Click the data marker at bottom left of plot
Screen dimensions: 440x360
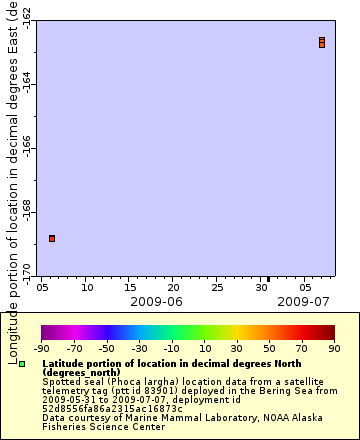pyautogui.click(x=52, y=238)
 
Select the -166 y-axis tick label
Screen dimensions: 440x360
pyautogui.click(x=26, y=148)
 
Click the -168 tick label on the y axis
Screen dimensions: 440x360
pyautogui.click(x=26, y=213)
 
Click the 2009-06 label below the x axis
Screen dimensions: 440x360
pyautogui.click(x=156, y=300)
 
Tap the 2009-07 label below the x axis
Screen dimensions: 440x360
pyautogui.click(x=303, y=300)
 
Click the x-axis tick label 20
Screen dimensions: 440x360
pyautogui.click(x=173, y=286)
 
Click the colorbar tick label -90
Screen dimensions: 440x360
pyautogui.click(x=41, y=348)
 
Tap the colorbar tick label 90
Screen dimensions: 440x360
pyautogui.click(x=334, y=348)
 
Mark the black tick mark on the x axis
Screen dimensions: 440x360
pyautogui.click(x=268, y=279)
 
